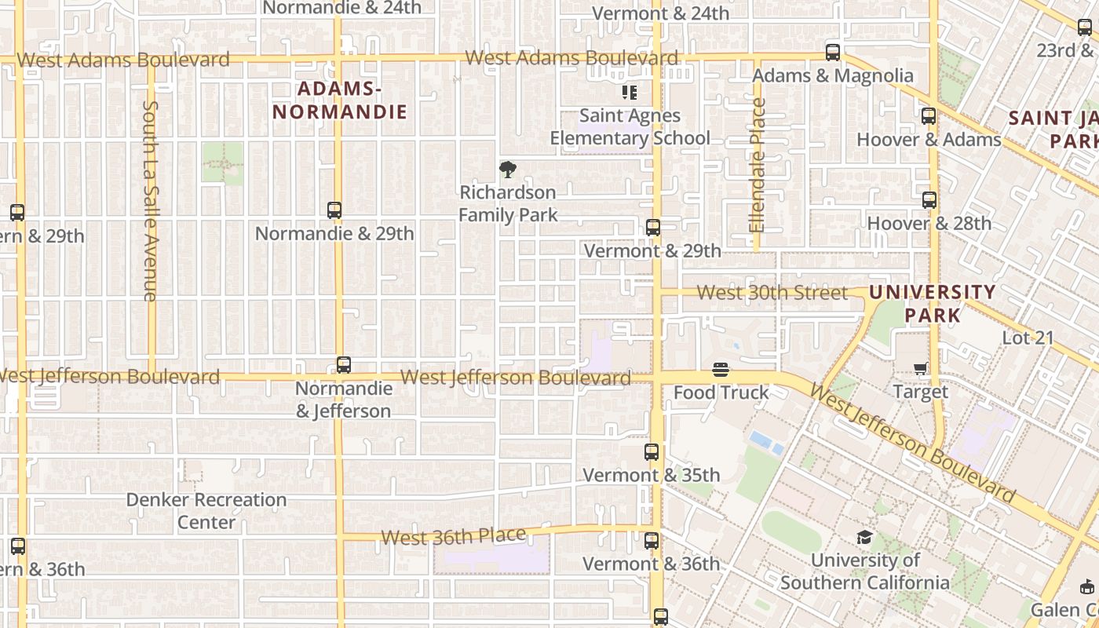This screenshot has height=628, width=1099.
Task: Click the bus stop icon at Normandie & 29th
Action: click(x=334, y=210)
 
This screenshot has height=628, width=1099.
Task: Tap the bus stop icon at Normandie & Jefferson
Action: click(x=344, y=365)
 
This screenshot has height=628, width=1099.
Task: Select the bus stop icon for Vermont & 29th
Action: click(x=653, y=228)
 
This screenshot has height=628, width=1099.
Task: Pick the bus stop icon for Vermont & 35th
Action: click(x=652, y=452)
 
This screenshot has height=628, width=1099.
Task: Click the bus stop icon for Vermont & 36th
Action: click(x=652, y=541)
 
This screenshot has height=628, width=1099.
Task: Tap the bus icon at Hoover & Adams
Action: click(x=929, y=116)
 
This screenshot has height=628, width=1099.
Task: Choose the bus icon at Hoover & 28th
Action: click(x=929, y=200)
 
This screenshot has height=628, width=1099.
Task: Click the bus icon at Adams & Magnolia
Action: click(x=833, y=53)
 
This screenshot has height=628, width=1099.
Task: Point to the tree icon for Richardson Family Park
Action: click(x=508, y=169)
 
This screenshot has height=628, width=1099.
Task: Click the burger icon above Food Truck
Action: click(x=721, y=370)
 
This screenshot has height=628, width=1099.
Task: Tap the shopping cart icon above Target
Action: click(x=921, y=368)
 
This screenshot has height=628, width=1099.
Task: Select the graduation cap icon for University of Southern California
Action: click(x=864, y=537)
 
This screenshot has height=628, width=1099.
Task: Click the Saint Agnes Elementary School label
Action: click(x=630, y=127)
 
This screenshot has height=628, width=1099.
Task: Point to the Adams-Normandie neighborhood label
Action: click(x=340, y=100)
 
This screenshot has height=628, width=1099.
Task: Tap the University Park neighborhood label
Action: click(x=932, y=304)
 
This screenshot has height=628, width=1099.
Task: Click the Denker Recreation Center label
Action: click(x=206, y=511)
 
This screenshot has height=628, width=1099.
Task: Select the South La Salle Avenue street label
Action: click(x=151, y=200)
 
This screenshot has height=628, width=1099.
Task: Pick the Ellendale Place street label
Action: click(x=757, y=165)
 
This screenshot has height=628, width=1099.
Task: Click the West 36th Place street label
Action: click(x=454, y=537)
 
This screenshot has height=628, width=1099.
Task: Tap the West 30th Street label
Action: click(x=772, y=293)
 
